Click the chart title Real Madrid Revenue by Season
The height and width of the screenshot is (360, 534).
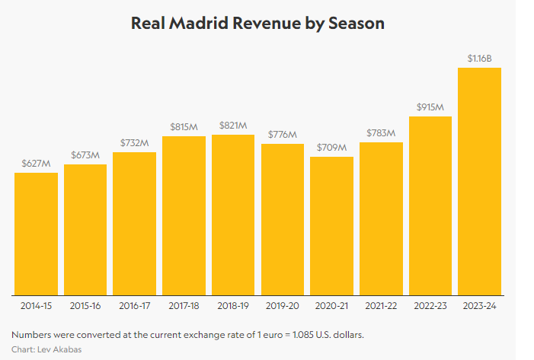click(257, 24)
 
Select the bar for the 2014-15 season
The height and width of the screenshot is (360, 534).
click(36, 233)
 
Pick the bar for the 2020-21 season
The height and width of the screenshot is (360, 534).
click(331, 225)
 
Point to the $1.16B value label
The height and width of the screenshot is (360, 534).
click(479, 58)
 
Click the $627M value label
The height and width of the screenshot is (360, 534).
click(36, 163)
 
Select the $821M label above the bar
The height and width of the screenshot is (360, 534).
click(233, 125)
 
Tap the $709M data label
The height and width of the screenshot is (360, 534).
click(331, 147)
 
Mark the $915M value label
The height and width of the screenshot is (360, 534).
click(430, 107)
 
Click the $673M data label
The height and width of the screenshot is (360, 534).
click(85, 155)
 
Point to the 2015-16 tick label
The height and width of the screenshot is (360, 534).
click(85, 306)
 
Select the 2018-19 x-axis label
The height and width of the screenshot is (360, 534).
click(233, 306)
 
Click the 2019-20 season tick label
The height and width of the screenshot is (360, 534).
click(282, 306)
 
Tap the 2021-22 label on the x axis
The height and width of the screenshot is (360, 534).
click(381, 306)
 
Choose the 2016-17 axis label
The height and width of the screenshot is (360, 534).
click(134, 306)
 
